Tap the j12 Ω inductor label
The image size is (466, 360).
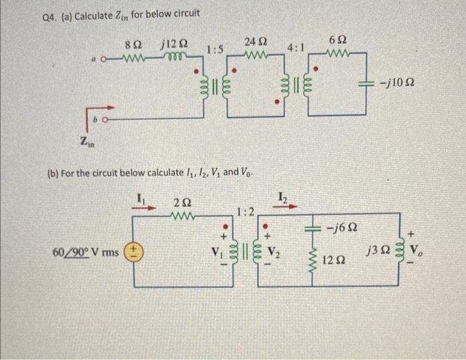(x=174, y=45)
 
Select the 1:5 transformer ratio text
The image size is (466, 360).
(x=214, y=49)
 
